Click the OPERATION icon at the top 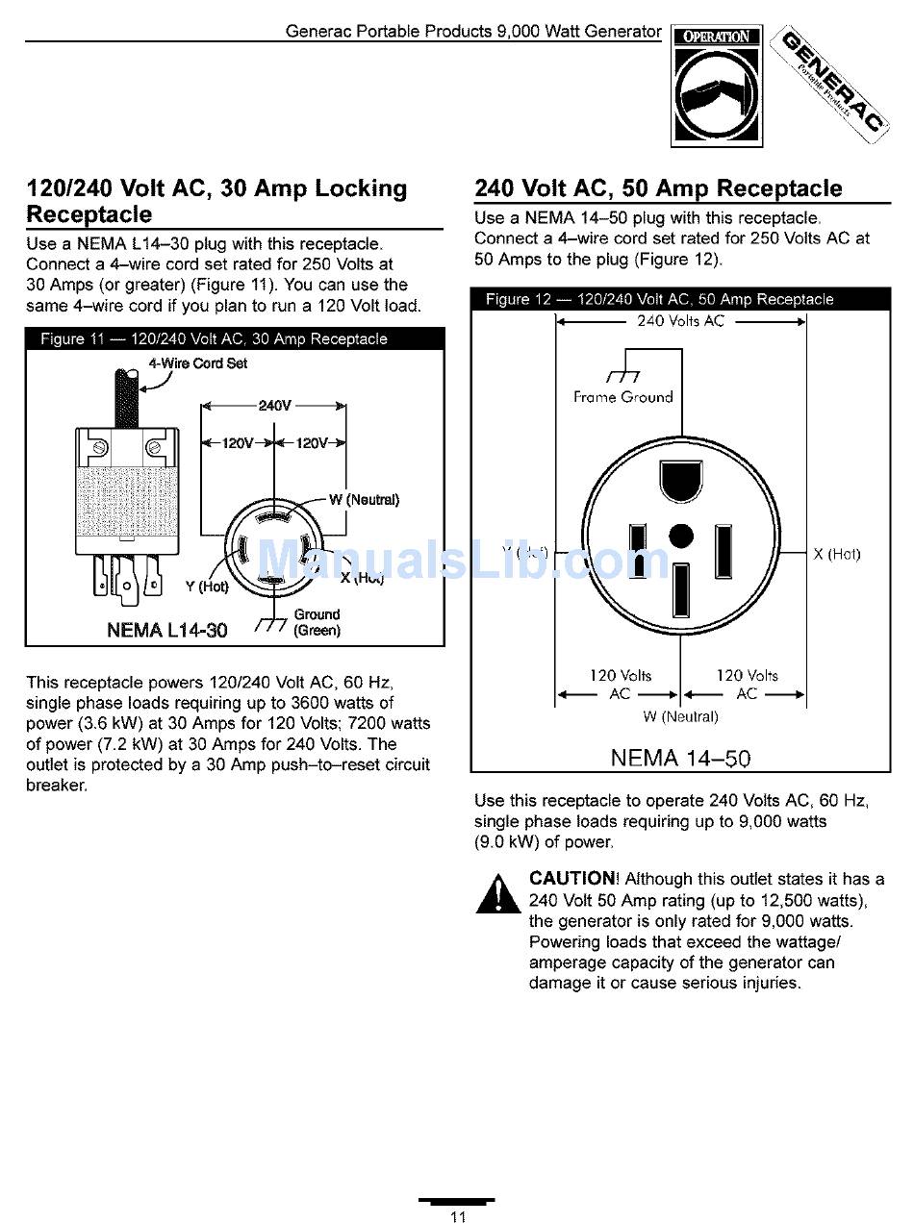pos(717,86)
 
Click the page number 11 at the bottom pos(458,1216)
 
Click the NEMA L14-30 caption pos(167,631)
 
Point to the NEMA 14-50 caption pos(680,758)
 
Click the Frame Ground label pos(622,396)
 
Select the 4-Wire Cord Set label pos(197,363)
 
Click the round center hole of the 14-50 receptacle pos(680,536)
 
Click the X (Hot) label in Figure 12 pos(836,554)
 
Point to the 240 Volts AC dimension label pos(680,321)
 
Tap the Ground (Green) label pos(317,622)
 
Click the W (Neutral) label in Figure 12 pos(680,716)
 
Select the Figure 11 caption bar pos(235,338)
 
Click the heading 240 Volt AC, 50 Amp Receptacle pos(658,188)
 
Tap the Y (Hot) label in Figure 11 pos(207,587)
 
